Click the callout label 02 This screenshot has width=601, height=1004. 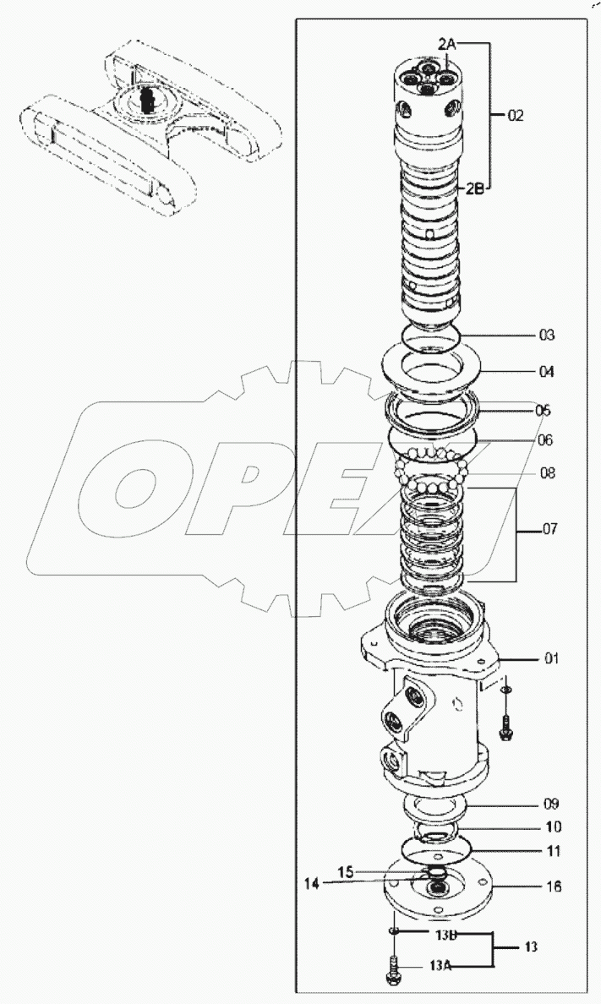516,116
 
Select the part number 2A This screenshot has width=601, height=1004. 448,42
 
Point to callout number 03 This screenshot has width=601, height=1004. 547,336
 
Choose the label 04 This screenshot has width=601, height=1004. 547,372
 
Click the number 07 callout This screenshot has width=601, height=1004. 550,531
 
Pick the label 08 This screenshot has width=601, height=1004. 547,473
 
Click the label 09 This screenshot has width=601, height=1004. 551,803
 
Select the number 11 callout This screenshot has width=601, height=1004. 551,850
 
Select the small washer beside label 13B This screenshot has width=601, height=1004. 395,931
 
